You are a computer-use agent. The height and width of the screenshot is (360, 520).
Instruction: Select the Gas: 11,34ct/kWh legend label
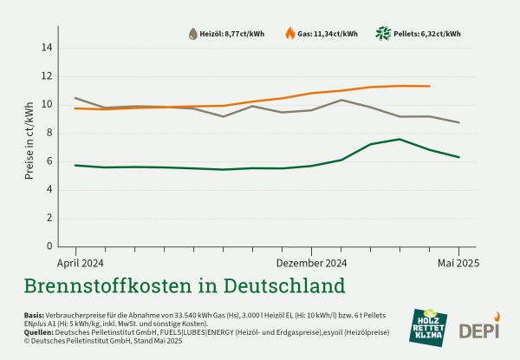(x=328, y=34)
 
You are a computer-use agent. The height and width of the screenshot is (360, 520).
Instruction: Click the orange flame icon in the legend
(x=289, y=34)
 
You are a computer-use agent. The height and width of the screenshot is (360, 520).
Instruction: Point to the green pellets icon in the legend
(x=382, y=34)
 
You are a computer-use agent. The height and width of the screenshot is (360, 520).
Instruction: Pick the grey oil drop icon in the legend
(x=193, y=34)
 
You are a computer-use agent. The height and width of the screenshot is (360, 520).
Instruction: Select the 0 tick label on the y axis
(x=49, y=245)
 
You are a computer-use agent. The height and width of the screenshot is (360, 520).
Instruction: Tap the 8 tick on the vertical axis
(x=49, y=133)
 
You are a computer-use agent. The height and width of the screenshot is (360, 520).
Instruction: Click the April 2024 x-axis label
(x=81, y=262)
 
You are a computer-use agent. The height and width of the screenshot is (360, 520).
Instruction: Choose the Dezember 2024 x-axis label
(x=312, y=262)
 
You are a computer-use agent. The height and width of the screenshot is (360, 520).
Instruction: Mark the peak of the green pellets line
(x=400, y=139)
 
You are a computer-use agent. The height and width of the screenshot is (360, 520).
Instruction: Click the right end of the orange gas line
(x=430, y=86)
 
